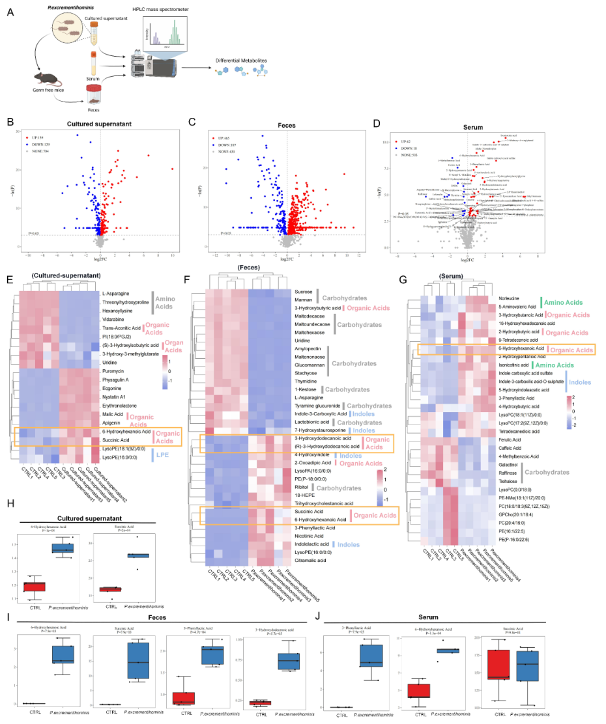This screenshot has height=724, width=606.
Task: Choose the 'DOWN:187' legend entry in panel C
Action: coord(227,145)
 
